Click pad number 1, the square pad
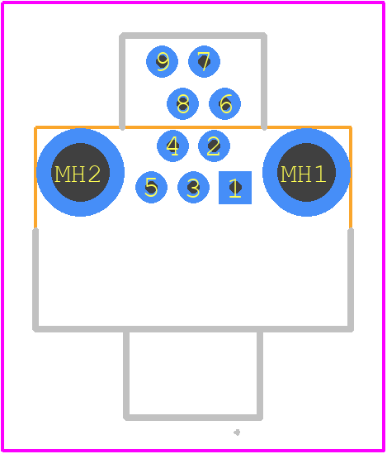point(235,188)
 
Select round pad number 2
point(214,146)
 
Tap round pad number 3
point(193,188)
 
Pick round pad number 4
point(172,146)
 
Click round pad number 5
point(151,188)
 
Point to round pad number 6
point(224,103)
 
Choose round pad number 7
point(204,62)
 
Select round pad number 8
point(183,103)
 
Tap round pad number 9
point(162,62)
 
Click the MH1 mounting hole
point(306,172)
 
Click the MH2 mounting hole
point(81,172)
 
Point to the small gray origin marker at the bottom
point(237,432)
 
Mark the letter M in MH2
point(62,174)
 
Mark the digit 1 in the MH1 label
point(320,174)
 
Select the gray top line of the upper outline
point(193,36)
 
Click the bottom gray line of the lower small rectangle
point(193,418)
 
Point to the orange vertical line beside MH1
point(351,178)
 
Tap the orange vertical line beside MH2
point(35,178)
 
